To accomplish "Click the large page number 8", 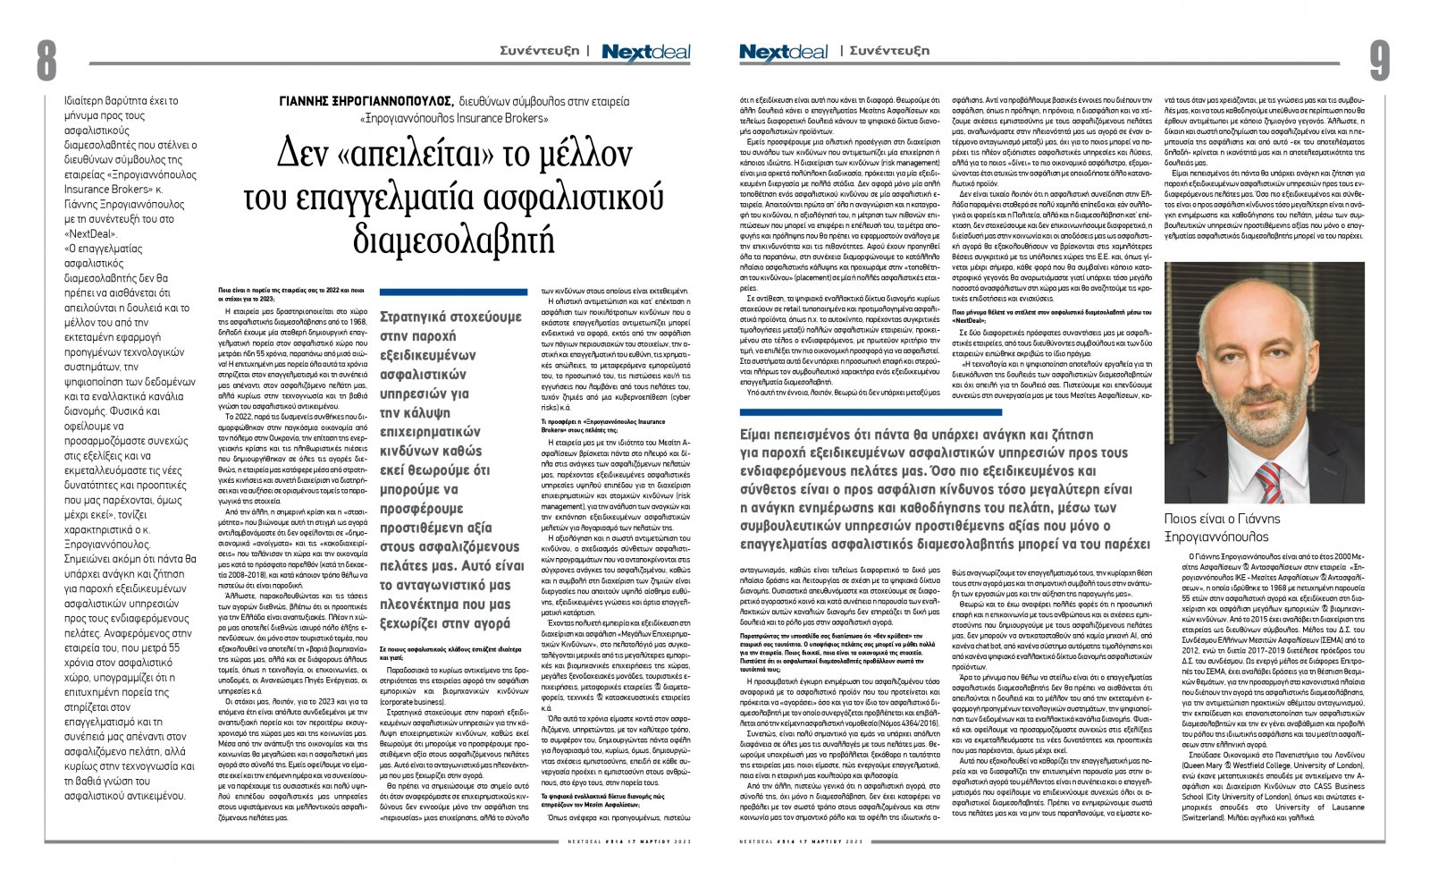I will (x=46, y=62).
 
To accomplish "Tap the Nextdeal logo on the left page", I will (x=645, y=53).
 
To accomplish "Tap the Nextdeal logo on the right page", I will (x=783, y=53).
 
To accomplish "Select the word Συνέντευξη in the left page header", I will (x=539, y=51).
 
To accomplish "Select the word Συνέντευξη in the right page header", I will (x=889, y=51).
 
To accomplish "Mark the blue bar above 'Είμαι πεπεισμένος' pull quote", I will (x=945, y=411).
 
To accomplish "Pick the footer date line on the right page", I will (x=802, y=841).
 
